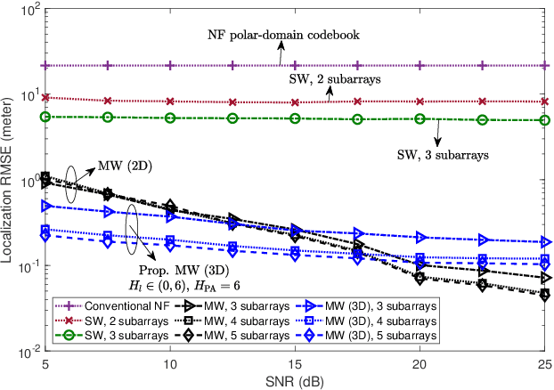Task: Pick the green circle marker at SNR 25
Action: [x=545, y=120]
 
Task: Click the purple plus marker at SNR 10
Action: [x=170, y=66]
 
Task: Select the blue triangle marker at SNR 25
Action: [x=545, y=241]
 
